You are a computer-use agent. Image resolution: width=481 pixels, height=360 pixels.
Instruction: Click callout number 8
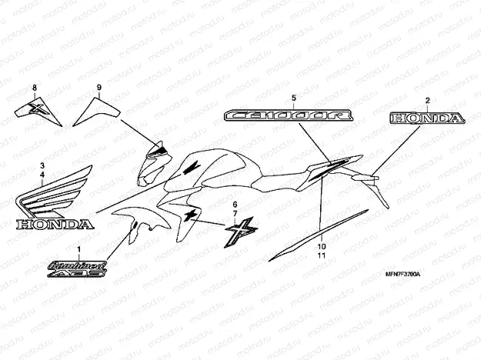tap(33, 88)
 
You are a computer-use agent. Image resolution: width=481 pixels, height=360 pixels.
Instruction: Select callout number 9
tap(99, 88)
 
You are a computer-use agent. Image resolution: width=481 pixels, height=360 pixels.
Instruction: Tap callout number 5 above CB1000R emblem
tap(293, 98)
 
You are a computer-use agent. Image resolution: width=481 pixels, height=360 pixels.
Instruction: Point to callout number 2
tap(428, 100)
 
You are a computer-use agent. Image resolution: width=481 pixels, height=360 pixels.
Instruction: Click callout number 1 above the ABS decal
tap(78, 249)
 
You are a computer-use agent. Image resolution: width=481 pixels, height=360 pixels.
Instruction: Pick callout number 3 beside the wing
tap(43, 165)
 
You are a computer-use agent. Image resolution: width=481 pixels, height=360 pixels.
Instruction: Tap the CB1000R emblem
tap(289, 115)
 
